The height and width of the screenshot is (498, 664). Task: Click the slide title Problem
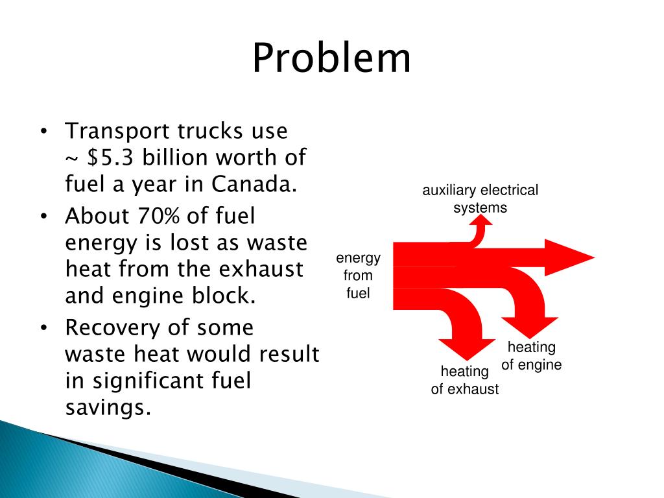(331, 58)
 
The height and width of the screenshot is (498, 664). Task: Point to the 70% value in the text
(160, 216)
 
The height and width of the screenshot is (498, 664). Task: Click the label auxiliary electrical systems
(480, 199)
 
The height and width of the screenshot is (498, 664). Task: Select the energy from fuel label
(358, 276)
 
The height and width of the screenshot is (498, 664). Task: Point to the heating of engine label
(531, 356)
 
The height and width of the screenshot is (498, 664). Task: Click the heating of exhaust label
(465, 380)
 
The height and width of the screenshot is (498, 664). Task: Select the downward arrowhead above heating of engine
(530, 327)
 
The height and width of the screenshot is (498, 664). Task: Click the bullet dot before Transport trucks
(43, 132)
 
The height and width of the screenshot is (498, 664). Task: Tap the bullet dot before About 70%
(43, 217)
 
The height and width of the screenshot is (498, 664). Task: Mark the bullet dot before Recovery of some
(43, 328)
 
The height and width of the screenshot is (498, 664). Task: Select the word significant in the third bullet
(148, 381)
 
